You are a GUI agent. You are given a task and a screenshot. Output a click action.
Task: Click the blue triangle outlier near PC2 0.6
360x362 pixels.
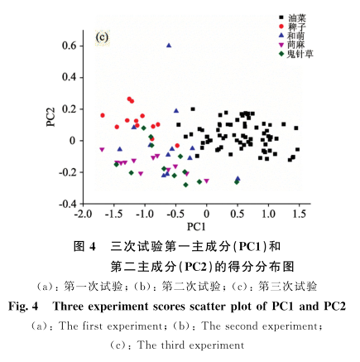tap(169, 46)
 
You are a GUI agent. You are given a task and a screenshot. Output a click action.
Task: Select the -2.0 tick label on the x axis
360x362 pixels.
tap(82, 215)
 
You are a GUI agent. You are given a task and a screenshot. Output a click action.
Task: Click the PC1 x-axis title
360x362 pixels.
tap(195, 226)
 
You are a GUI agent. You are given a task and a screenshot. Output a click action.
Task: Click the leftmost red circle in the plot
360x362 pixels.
tap(103, 115)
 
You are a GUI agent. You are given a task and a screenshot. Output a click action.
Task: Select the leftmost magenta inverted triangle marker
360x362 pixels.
tap(102, 150)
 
